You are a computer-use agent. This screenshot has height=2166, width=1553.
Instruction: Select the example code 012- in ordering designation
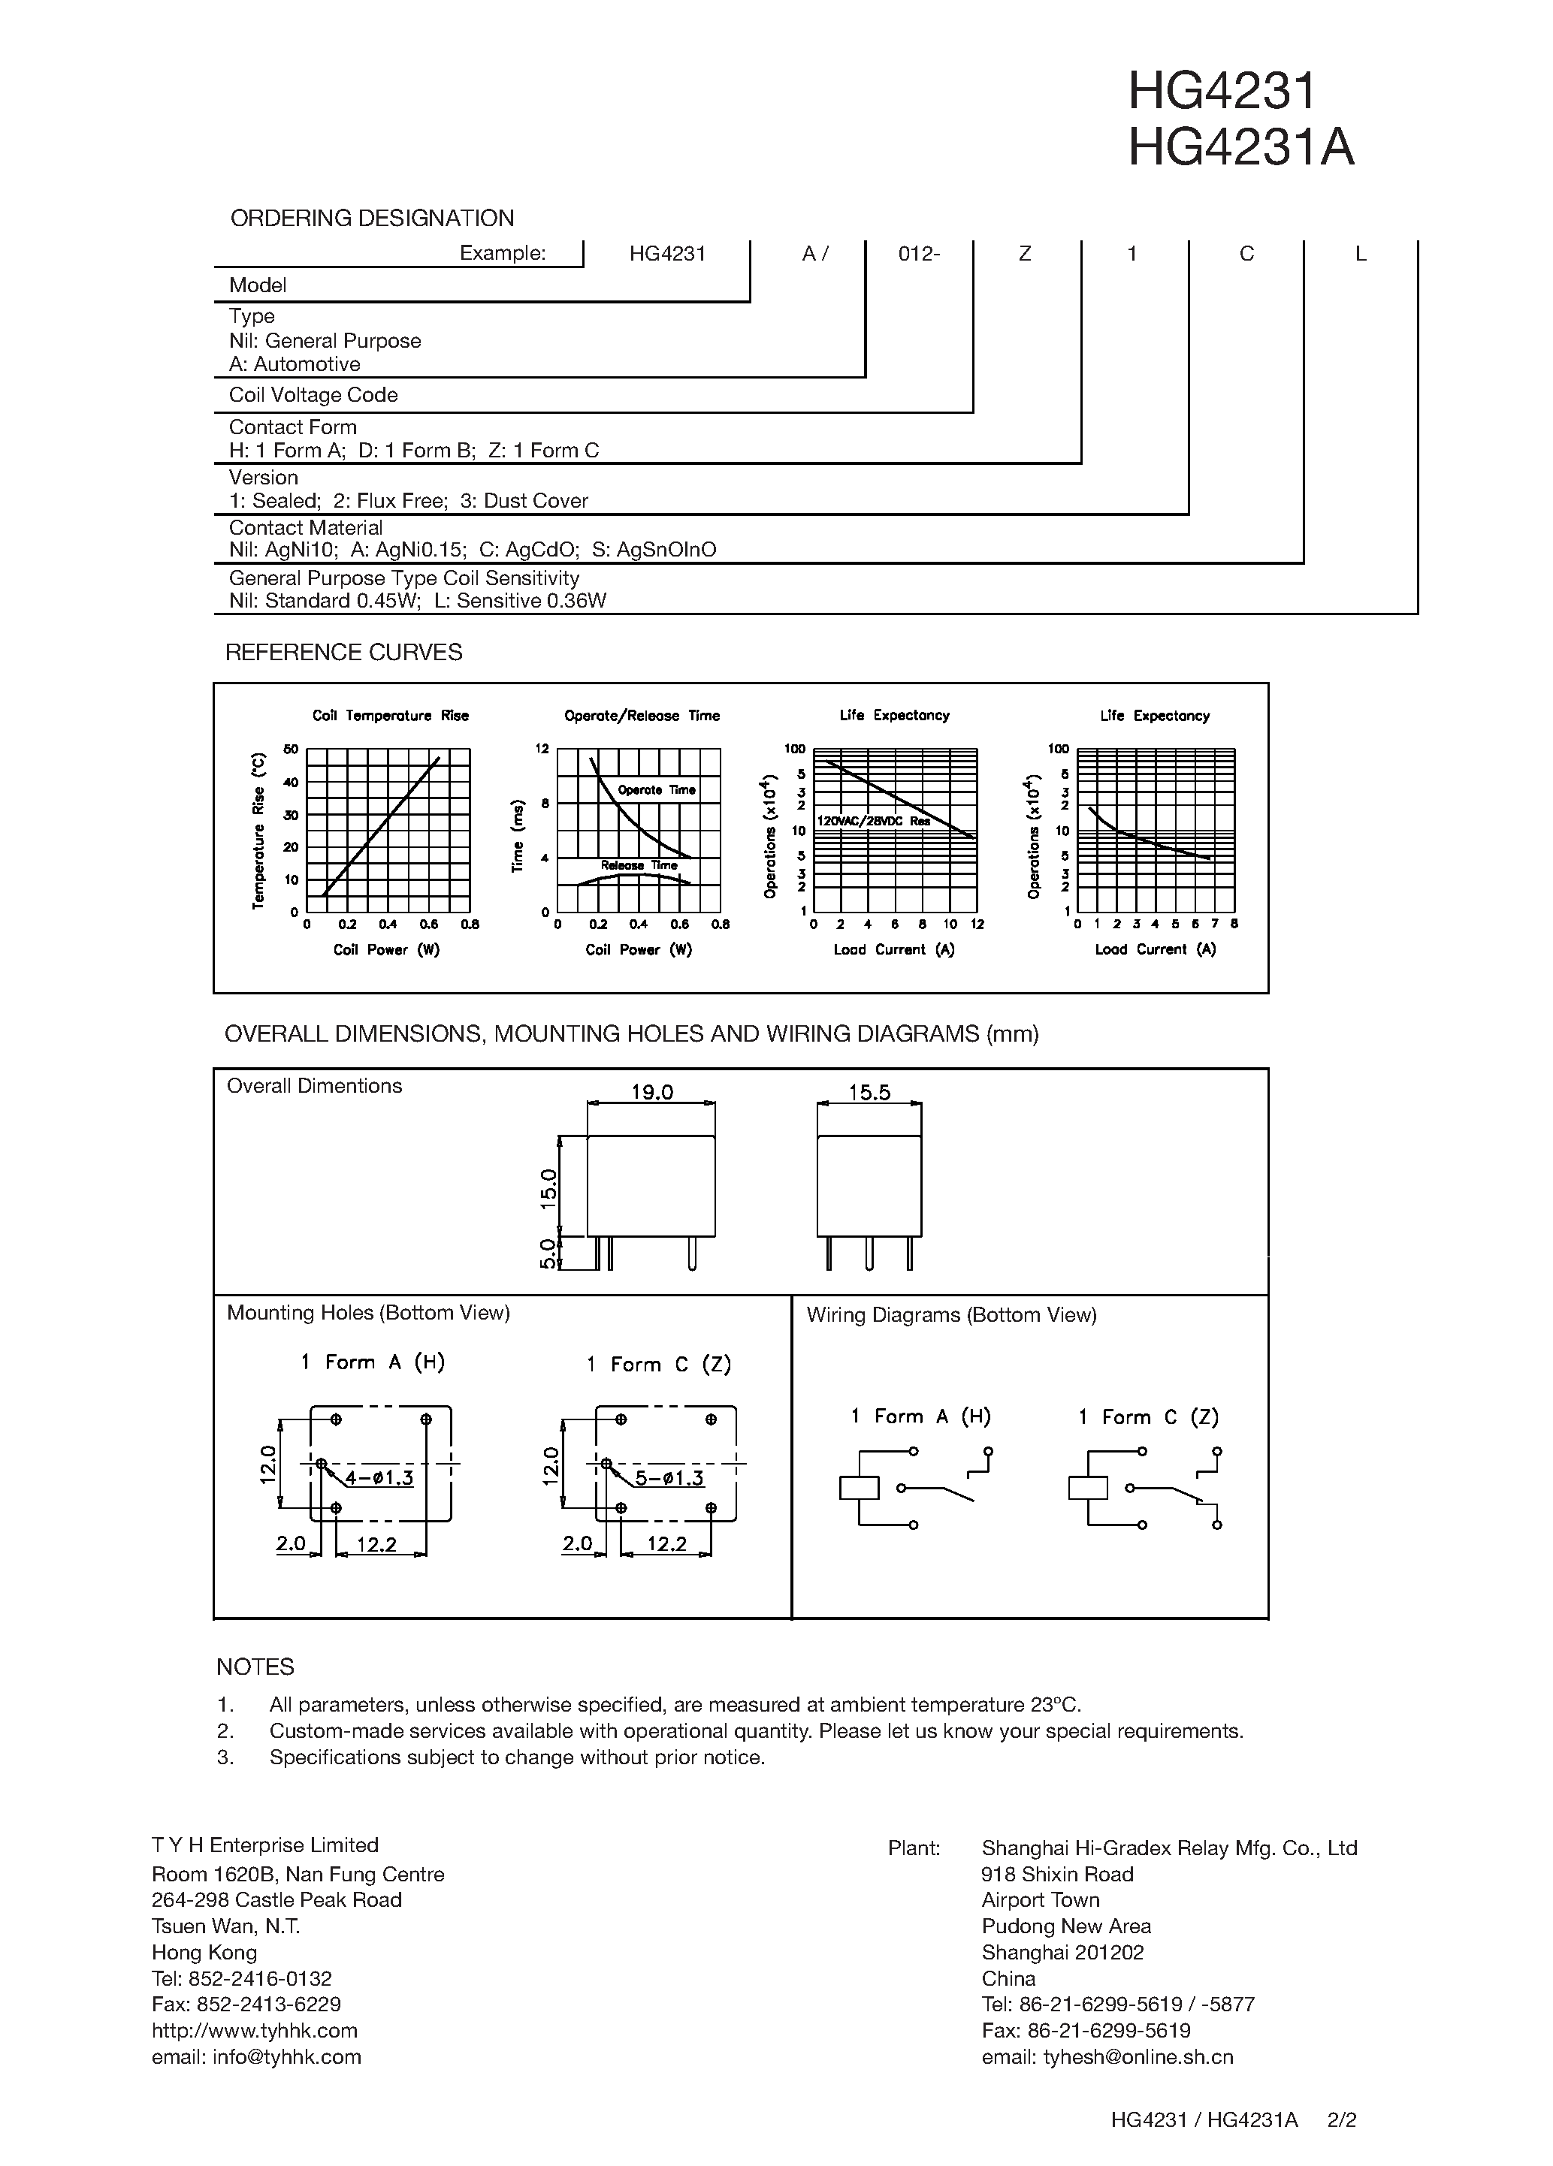[x=919, y=254]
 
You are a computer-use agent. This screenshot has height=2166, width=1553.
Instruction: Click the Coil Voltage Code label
[x=313, y=395]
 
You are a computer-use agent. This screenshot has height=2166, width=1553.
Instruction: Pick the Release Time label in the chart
[x=639, y=865]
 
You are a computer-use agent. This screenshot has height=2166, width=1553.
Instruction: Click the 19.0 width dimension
[x=652, y=1091]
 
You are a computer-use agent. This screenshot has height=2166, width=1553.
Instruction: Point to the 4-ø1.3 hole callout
[x=379, y=1478]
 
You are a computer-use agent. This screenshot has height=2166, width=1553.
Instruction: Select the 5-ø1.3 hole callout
[x=669, y=1478]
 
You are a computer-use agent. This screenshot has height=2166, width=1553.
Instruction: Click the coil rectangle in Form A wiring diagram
[x=859, y=1488]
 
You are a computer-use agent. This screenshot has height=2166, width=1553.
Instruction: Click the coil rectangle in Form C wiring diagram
[x=1088, y=1488]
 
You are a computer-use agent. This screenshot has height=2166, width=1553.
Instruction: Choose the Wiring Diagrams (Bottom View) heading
[x=951, y=1315]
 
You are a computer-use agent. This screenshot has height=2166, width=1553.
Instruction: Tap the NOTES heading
[x=255, y=1667]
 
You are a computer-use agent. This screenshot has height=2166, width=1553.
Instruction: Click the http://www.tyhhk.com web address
[x=254, y=2030]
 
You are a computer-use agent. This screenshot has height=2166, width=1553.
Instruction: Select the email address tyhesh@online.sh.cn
[x=1107, y=2057]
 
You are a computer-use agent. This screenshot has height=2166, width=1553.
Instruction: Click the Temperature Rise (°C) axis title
[x=258, y=831]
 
